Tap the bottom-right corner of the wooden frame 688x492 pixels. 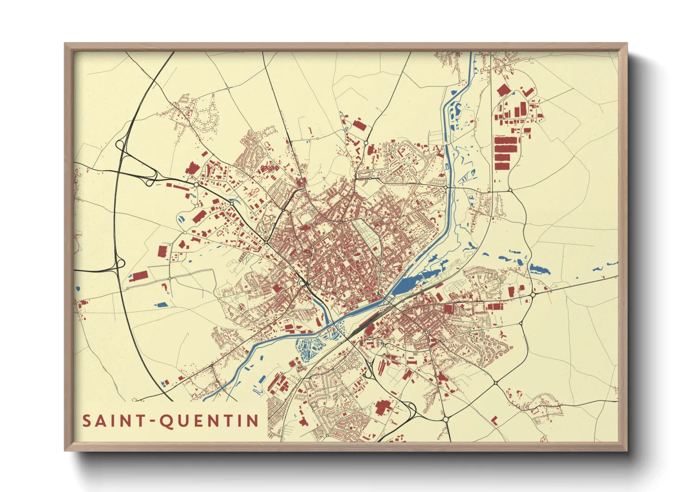(626, 450)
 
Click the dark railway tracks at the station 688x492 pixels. (367, 321)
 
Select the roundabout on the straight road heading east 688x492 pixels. (533, 294)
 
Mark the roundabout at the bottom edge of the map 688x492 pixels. (445, 419)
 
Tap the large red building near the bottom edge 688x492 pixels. (383, 407)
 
